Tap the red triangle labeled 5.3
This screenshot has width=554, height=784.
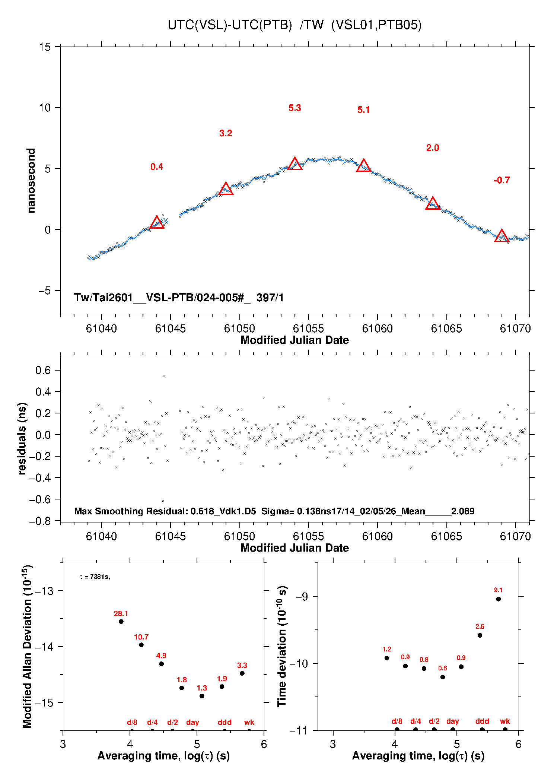pos(295,164)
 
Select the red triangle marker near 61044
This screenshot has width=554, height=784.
pos(157,222)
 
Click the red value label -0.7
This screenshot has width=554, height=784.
pos(502,180)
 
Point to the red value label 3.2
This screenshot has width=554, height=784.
pos(226,133)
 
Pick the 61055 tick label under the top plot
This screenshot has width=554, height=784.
pos(308,328)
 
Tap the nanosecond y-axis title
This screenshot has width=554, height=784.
pos(31,181)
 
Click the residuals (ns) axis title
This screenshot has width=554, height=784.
pos(22,438)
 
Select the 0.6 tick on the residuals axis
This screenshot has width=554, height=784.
pos(43,370)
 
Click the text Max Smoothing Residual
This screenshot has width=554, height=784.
pos(130,511)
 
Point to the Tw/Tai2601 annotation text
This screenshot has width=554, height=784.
pos(179,298)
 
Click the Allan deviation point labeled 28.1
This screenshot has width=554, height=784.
pos(121,622)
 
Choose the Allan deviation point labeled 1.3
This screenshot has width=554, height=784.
pos(202,696)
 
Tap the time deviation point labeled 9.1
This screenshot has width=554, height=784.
pos(498,599)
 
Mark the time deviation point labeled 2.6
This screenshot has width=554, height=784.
pos(480,635)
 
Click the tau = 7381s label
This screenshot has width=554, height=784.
pos(95,577)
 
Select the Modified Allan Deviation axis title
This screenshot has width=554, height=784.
pos(27,646)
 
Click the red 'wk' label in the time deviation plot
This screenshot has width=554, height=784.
pos(505,721)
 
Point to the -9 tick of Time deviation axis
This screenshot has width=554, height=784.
pos(302,597)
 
